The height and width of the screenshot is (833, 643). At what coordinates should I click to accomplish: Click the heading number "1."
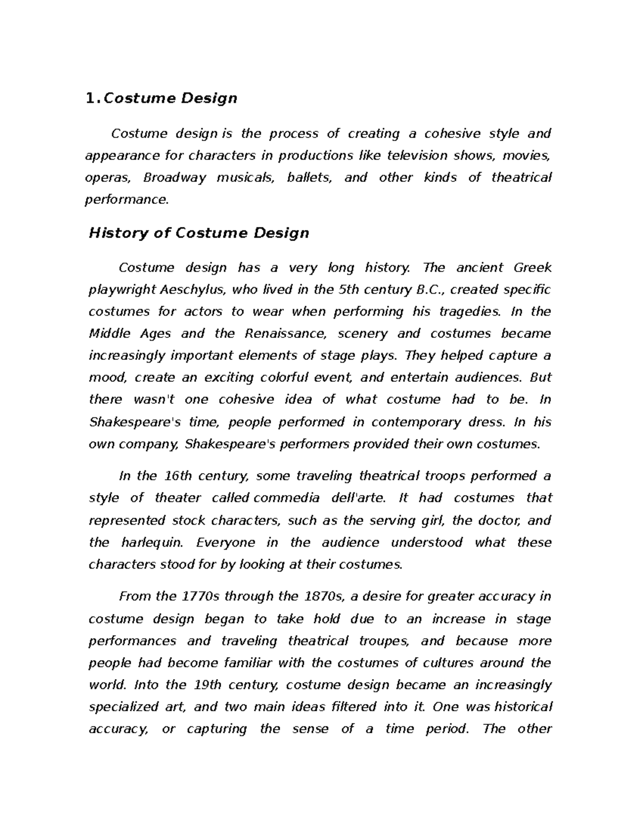pyautogui.click(x=93, y=99)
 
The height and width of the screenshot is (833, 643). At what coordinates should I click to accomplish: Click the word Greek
pyautogui.click(x=532, y=268)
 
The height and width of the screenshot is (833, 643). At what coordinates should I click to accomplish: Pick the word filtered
pyautogui.click(x=354, y=707)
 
